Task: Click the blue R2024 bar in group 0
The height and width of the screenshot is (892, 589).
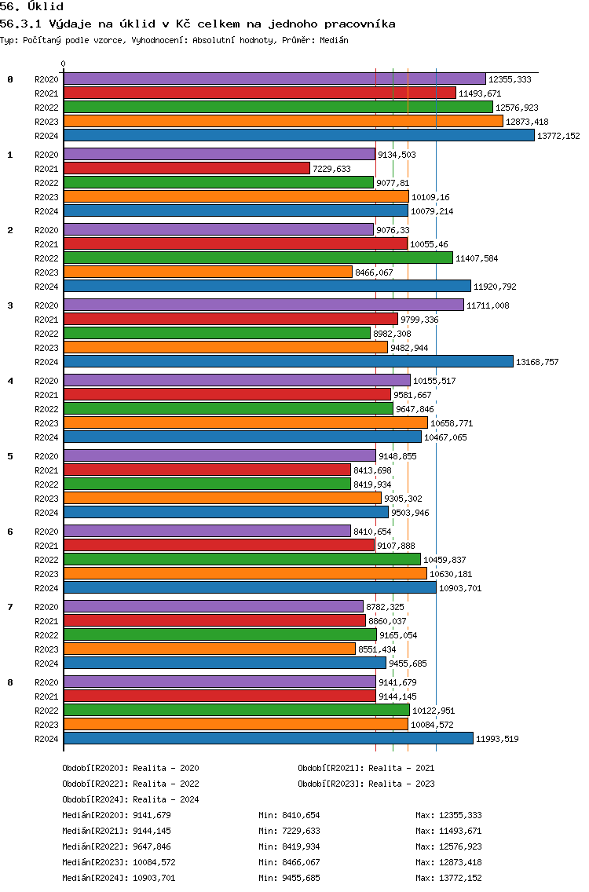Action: tap(299, 135)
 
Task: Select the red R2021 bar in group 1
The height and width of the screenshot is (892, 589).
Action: tap(187, 168)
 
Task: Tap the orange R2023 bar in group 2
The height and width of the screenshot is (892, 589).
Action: tap(208, 272)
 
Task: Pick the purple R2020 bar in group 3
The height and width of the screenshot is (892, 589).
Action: tap(264, 305)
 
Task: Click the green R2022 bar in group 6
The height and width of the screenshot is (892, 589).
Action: tap(243, 559)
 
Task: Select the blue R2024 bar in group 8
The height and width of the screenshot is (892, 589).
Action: tap(269, 738)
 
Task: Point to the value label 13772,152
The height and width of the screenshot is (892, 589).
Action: tap(559, 136)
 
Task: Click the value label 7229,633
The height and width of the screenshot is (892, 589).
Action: tap(331, 169)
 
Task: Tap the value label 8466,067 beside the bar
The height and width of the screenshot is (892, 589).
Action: tap(374, 272)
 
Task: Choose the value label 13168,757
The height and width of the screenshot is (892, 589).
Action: tap(537, 362)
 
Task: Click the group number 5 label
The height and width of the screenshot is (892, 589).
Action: tap(9, 456)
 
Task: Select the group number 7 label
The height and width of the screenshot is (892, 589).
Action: tap(9, 607)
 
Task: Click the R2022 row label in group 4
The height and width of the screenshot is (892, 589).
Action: tap(46, 409)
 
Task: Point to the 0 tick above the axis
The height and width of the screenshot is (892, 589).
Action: tap(63, 64)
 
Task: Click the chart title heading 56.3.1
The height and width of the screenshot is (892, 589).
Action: tap(197, 24)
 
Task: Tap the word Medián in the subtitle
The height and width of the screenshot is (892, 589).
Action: tap(334, 40)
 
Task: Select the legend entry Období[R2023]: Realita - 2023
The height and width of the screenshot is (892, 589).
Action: tap(366, 784)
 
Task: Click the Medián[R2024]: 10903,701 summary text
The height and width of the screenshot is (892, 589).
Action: tap(119, 878)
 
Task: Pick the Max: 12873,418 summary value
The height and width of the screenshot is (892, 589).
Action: tap(449, 862)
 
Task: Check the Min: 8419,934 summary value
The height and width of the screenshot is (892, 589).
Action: tap(289, 846)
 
